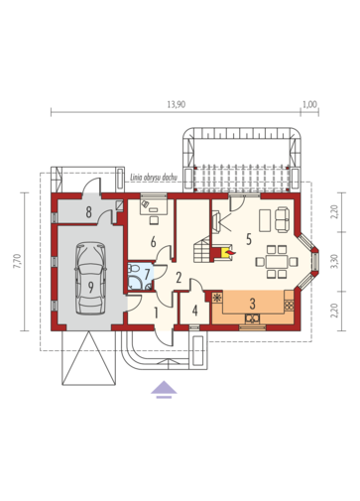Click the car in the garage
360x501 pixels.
(90, 278)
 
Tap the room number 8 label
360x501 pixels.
(88, 212)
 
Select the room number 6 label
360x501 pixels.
(153, 242)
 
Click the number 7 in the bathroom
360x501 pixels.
(148, 274)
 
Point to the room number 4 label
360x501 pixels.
(195, 311)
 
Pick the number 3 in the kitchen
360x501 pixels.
(253, 303)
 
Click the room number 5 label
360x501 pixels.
(249, 239)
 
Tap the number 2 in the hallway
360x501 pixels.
(179, 278)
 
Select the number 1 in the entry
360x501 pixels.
(156, 313)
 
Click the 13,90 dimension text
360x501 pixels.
(177, 105)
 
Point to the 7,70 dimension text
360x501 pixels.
(17, 261)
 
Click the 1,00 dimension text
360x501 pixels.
(309, 105)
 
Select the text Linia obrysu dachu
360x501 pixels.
(154, 177)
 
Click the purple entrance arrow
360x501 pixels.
(164, 389)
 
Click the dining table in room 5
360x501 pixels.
(277, 262)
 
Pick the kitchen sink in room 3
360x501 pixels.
(252, 318)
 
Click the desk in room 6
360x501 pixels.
(154, 206)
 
